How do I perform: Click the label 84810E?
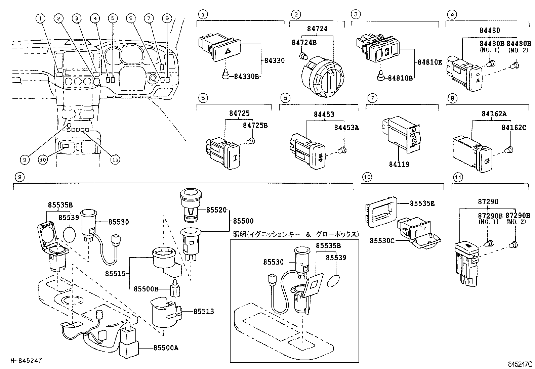click(x=430, y=62)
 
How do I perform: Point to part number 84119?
click(x=399, y=164)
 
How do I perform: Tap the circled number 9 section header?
click(x=20, y=177)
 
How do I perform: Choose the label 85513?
click(x=204, y=312)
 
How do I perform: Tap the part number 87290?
click(x=488, y=202)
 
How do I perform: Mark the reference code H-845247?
click(x=26, y=361)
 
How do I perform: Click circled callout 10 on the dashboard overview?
click(x=43, y=160)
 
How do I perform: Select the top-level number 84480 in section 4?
click(x=489, y=30)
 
